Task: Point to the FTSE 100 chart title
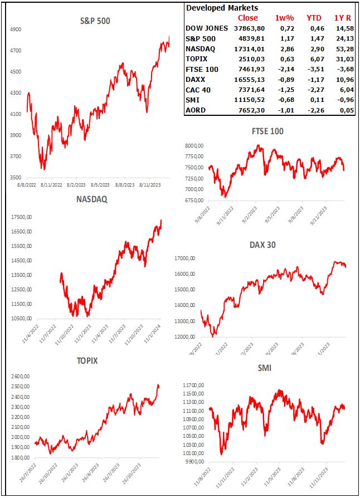(267, 131)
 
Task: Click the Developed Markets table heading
(222, 8)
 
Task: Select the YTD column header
(314, 18)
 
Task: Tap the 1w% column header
(284, 18)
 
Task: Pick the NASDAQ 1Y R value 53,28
(340, 49)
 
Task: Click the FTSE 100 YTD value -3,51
(314, 70)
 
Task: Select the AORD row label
(196, 110)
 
